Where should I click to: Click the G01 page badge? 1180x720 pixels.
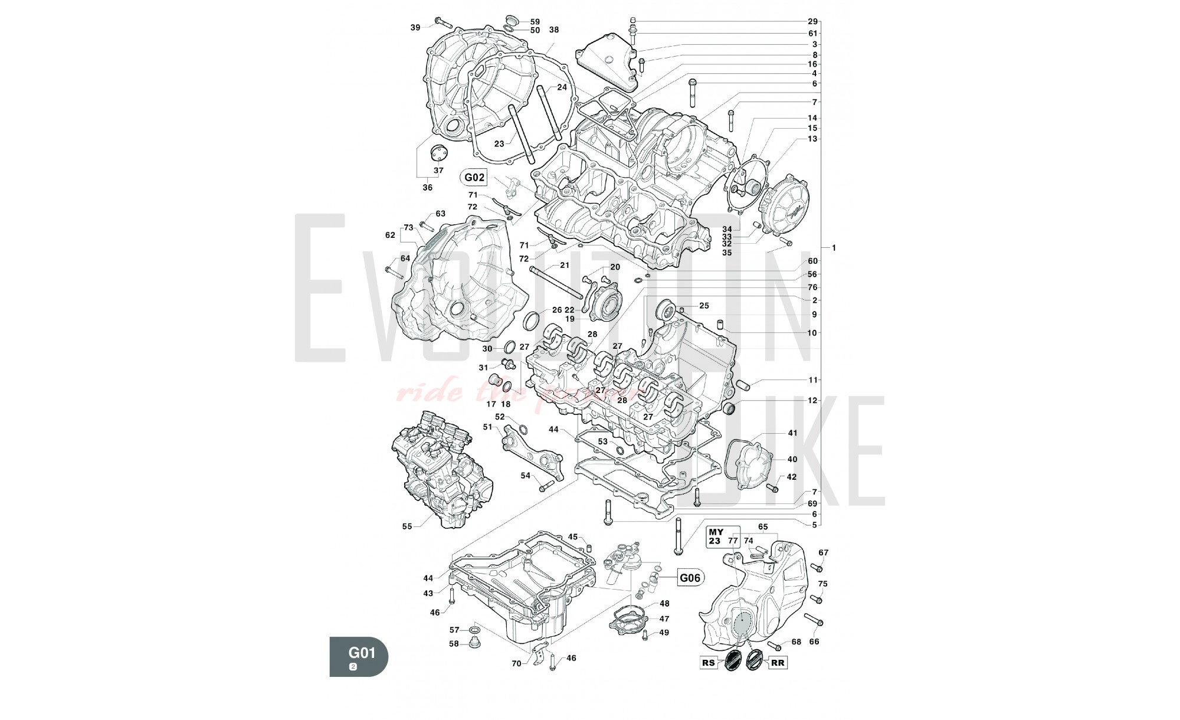coord(359,656)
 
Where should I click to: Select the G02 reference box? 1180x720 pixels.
coord(474,177)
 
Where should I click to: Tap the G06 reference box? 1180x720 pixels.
coord(690,578)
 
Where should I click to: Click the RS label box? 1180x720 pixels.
coord(709,663)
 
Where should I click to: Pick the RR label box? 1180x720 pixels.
coord(778,663)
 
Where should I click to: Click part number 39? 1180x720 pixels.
coord(415,27)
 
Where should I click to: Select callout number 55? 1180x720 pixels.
coord(407,526)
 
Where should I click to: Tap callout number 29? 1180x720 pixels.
coord(813,21)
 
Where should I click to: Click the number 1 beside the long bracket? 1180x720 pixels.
coord(834,248)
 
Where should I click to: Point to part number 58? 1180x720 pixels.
coord(454,644)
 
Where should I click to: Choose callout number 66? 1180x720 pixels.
coord(814,642)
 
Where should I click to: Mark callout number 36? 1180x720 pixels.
coord(427,188)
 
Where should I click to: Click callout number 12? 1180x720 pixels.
coord(812,400)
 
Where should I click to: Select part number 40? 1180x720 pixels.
coord(792,459)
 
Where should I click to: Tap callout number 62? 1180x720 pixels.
coord(390,235)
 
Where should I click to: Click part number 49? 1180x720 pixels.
coord(664,633)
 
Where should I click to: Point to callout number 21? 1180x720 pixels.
coord(565,266)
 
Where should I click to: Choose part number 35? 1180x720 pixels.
coord(727,253)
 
